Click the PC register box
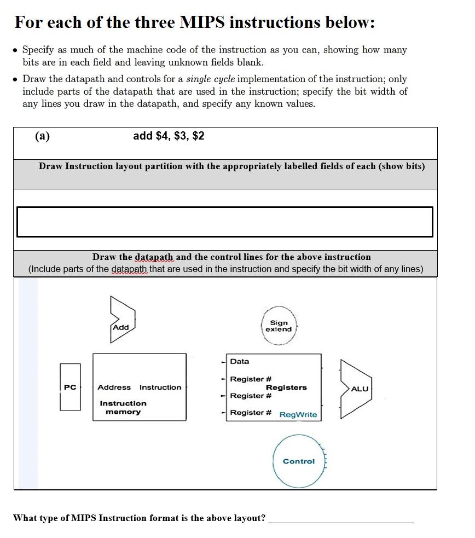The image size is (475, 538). tap(70, 387)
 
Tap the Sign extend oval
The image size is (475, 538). tap(279, 326)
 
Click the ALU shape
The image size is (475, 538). tap(357, 389)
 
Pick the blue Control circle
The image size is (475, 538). tap(299, 461)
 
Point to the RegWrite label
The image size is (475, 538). tap(298, 414)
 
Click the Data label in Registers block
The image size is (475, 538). tap(240, 361)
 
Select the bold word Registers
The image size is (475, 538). tap(286, 387)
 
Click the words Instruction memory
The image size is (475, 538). tap(123, 408)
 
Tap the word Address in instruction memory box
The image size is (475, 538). tap(114, 387)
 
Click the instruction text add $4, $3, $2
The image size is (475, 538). tap(169, 136)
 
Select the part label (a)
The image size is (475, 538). tap(42, 136)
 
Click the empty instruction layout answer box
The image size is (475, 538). tap(224, 222)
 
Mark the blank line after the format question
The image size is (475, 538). tap(340, 520)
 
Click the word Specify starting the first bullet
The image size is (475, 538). tap(38, 50)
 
